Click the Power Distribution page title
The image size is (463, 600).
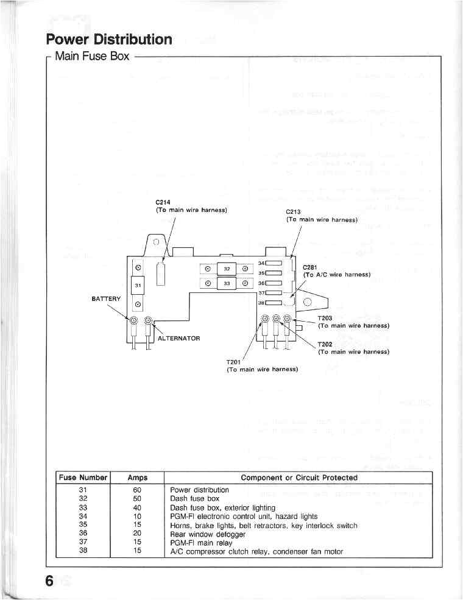pyautogui.click(x=110, y=40)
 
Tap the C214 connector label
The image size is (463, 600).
pyautogui.click(x=163, y=202)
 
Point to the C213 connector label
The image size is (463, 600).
pyautogui.click(x=294, y=212)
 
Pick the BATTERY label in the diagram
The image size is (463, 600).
pyautogui.click(x=107, y=298)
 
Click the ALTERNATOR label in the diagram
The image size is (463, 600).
pyautogui.click(x=178, y=338)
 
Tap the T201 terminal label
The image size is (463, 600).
pyautogui.click(x=235, y=362)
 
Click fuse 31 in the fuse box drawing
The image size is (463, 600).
pyautogui.click(x=138, y=285)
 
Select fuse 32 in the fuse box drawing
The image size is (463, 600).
pyautogui.click(x=226, y=268)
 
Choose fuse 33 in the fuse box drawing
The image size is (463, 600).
pyautogui.click(x=226, y=283)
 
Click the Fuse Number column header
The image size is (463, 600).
pyautogui.click(x=83, y=478)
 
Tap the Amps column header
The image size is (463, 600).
pyautogui.click(x=138, y=478)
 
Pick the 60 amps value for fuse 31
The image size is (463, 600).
pyautogui.click(x=138, y=490)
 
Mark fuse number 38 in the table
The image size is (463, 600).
pyautogui.click(x=84, y=552)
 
